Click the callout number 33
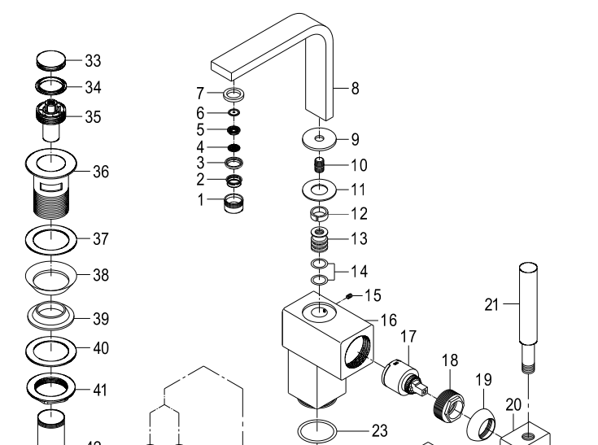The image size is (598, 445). [94, 61]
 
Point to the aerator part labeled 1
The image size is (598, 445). [234, 201]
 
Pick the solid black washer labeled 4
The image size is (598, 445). [234, 148]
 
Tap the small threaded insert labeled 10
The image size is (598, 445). [319, 165]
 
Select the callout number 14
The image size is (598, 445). [358, 270]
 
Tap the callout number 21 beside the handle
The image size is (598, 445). [491, 305]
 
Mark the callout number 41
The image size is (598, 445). [99, 390]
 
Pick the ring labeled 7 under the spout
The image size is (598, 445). [234, 94]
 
